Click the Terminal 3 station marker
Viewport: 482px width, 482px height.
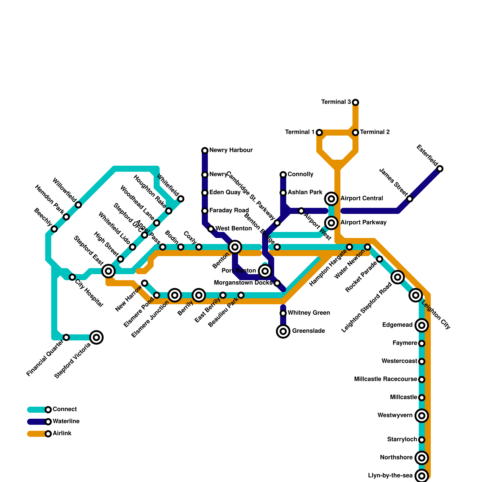(x=355, y=102)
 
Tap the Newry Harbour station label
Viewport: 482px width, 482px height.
(x=231, y=150)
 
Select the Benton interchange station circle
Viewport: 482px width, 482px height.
(x=235, y=247)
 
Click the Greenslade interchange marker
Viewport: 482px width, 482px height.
(x=283, y=331)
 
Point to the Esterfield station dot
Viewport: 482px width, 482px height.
(x=440, y=169)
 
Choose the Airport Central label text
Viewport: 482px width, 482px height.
(x=361, y=199)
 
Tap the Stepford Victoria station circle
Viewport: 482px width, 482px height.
(x=96, y=337)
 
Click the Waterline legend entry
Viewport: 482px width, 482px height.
(x=66, y=421)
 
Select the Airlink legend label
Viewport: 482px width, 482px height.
(x=62, y=433)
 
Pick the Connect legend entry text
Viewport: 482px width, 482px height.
(x=64, y=409)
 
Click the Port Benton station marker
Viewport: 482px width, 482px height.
(x=265, y=271)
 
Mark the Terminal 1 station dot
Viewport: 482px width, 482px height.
(x=319, y=133)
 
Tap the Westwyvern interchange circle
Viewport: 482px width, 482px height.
(x=422, y=416)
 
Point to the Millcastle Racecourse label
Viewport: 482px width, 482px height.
(x=386, y=379)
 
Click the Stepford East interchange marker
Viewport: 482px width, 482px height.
(x=108, y=271)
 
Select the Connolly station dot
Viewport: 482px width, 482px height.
(x=283, y=175)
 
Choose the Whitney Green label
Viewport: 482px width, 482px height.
(x=308, y=313)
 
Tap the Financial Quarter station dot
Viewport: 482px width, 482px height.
(x=66, y=337)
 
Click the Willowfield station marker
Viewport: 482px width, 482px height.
(x=78, y=205)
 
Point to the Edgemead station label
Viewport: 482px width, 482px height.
(x=397, y=325)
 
